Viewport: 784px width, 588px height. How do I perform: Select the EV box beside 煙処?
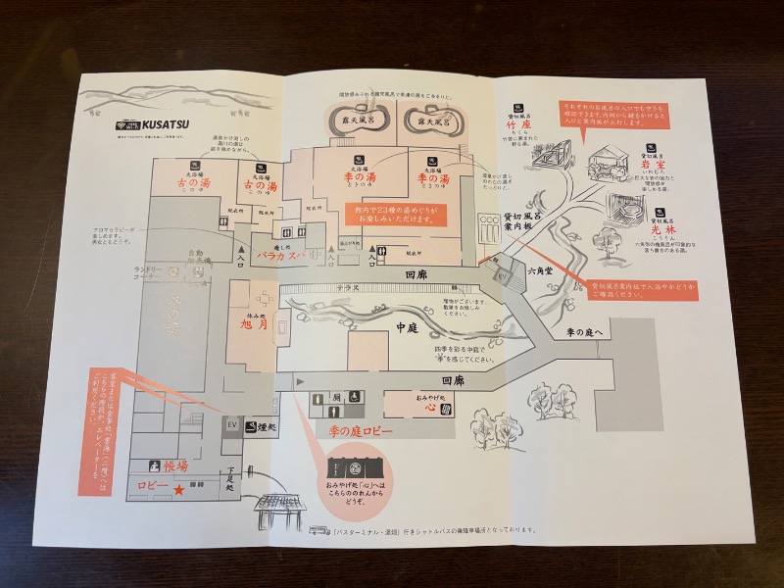(232, 425)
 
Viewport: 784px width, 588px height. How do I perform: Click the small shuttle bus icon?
(316, 530)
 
